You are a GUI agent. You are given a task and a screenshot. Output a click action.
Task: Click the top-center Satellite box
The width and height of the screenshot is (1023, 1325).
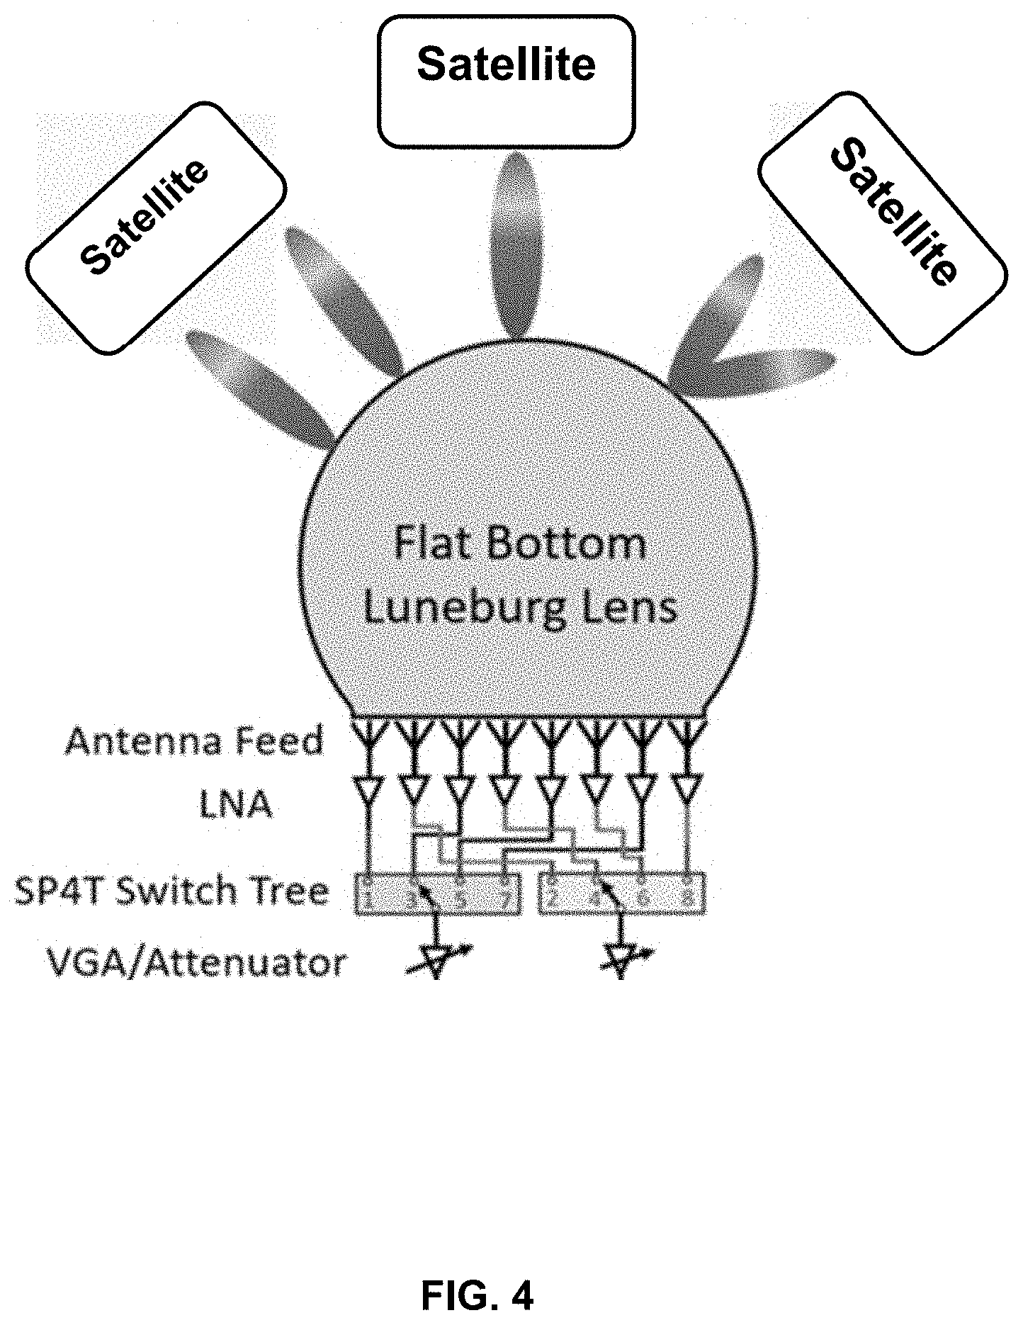(506, 81)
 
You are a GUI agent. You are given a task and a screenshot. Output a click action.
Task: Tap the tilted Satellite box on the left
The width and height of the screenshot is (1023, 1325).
(157, 227)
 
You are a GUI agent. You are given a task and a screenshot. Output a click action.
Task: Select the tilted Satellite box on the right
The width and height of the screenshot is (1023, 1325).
(883, 224)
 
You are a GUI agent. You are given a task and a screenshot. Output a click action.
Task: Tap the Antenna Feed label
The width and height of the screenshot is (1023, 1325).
(194, 741)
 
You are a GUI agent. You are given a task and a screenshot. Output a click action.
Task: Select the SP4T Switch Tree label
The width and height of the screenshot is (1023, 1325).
(172, 891)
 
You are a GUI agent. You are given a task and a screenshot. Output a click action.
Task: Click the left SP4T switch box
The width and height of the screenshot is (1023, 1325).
(436, 894)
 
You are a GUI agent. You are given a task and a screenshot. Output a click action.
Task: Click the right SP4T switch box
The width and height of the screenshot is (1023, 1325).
(623, 894)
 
